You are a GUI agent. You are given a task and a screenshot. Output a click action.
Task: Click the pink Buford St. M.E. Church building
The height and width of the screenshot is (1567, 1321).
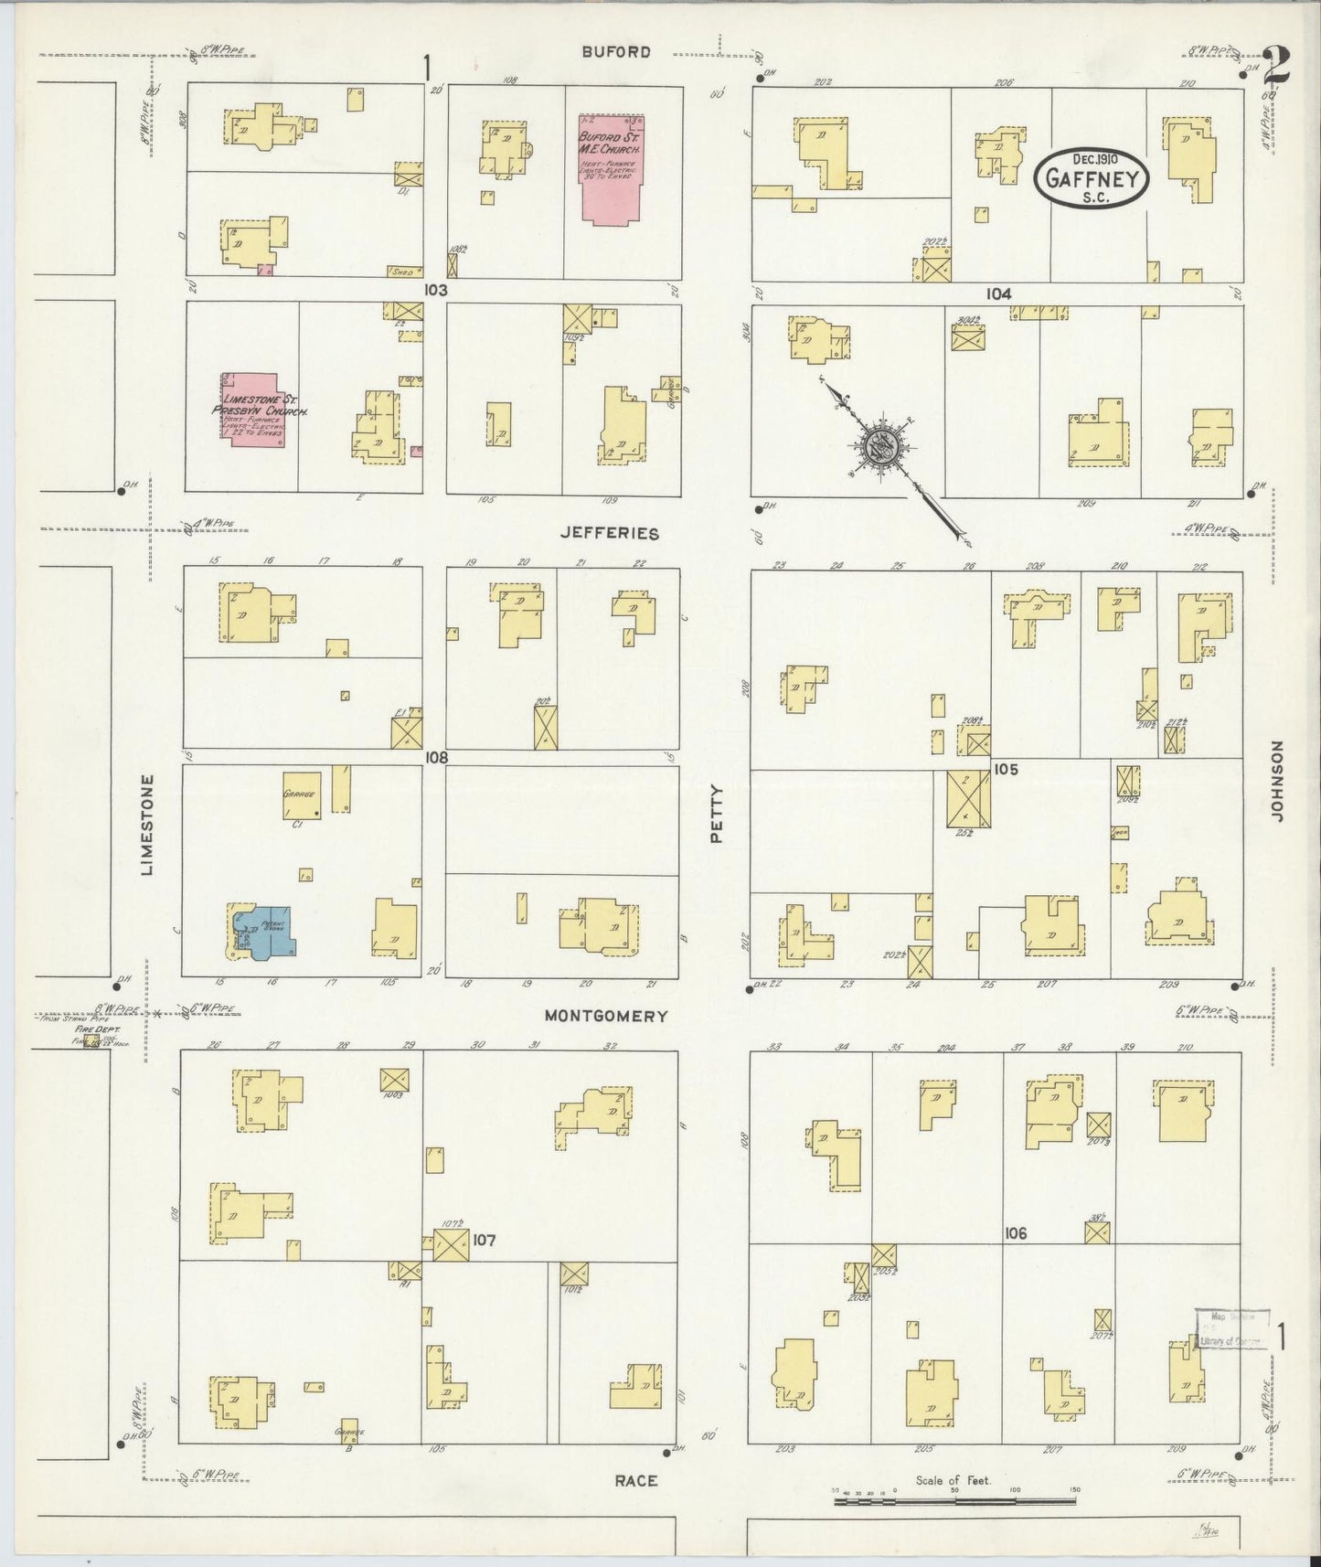(x=612, y=169)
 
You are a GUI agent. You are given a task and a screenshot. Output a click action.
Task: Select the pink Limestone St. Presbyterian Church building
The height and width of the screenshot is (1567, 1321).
(x=251, y=410)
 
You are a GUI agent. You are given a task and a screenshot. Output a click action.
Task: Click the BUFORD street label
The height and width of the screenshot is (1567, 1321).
(x=617, y=52)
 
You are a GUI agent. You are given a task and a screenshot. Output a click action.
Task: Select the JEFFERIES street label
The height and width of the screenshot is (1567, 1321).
(x=611, y=532)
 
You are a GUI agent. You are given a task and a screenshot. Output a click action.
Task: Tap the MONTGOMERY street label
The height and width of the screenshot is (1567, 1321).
(x=606, y=1016)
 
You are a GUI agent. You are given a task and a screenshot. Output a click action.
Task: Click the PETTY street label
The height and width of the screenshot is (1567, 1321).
(x=717, y=814)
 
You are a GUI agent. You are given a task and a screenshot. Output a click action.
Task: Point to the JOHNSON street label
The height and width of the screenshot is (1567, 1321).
(x=1277, y=781)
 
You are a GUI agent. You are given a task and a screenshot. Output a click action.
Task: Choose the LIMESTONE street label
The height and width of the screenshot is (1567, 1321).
(x=147, y=825)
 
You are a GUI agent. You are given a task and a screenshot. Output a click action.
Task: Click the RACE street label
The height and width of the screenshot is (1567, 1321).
(x=635, y=1480)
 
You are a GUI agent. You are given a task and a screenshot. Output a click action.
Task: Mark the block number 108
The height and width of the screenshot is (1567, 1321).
(x=435, y=757)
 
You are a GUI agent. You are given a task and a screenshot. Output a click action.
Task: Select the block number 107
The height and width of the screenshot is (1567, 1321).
(x=484, y=1241)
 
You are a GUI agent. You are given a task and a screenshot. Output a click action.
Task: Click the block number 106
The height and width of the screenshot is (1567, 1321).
(x=1015, y=1233)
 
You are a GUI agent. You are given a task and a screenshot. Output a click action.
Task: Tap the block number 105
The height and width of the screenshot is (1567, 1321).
(x=1006, y=770)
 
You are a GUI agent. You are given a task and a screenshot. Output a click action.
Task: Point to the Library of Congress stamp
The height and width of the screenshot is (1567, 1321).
(x=1231, y=1328)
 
